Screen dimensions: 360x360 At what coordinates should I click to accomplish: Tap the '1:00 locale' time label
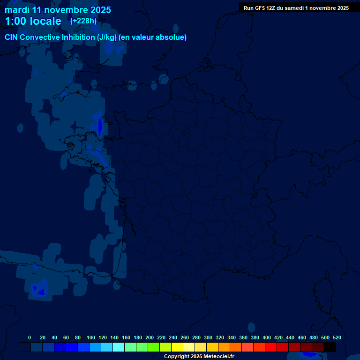33,21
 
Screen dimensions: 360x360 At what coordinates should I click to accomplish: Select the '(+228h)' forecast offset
83,21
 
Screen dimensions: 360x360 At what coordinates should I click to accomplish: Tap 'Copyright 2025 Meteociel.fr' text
199,357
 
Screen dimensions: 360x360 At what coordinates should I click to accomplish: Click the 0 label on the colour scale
30,337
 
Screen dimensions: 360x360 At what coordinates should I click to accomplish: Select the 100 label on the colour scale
91,337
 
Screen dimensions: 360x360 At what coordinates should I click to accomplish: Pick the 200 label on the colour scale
150,337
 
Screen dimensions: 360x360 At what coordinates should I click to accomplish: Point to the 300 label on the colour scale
208,337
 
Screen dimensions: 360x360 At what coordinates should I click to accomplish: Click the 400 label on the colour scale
267,337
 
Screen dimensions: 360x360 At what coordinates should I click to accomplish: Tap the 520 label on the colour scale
337,337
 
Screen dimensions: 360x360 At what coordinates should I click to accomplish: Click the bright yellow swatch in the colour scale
177,347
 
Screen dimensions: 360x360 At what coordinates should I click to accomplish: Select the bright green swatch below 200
154,347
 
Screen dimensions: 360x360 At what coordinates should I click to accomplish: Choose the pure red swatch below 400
271,347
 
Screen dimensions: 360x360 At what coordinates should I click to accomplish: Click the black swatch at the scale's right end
330,347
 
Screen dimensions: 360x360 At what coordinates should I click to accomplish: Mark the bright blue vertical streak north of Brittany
100,126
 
